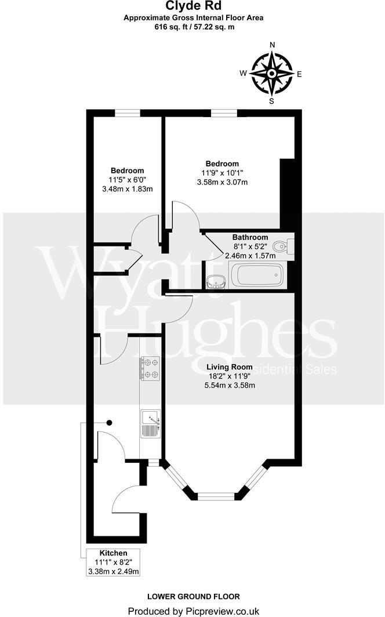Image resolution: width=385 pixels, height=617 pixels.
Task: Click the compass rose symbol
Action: click(271, 74)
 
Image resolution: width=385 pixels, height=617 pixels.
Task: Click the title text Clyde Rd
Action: click(192, 6)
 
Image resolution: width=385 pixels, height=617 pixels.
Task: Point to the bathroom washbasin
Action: click(216, 281)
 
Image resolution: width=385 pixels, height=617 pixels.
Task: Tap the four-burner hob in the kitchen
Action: click(148, 369)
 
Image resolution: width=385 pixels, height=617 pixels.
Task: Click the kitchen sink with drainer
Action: click(150, 424)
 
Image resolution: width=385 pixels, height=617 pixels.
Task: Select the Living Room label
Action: click(230, 366)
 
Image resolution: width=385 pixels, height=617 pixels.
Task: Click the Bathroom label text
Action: click(250, 237)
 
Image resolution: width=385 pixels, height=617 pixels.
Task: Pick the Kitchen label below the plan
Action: click(113, 553)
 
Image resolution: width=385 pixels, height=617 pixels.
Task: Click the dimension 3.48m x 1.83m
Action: click(126, 189)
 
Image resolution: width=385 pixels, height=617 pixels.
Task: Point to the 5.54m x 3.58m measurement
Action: click(230, 385)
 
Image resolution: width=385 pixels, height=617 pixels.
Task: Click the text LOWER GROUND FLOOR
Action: click(193, 596)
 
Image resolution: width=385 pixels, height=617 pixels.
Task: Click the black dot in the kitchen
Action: click(108, 423)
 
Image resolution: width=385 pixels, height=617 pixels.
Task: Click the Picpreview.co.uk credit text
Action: click(193, 611)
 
